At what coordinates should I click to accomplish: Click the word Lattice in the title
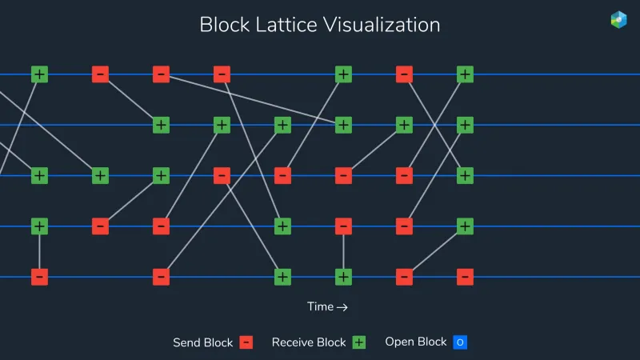pyautogui.click(x=286, y=25)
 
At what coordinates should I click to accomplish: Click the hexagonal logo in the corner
pyautogui.click(x=618, y=19)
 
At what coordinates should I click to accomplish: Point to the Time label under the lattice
pyautogui.click(x=320, y=306)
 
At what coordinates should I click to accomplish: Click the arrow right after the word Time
pyautogui.click(x=342, y=307)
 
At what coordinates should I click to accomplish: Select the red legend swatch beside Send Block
pyautogui.click(x=246, y=342)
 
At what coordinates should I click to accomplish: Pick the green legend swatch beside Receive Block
pyautogui.click(x=359, y=342)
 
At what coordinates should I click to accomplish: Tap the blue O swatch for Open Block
pyautogui.click(x=460, y=342)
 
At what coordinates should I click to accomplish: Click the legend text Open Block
pyautogui.click(x=416, y=342)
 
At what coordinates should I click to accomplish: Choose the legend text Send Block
pyautogui.click(x=203, y=342)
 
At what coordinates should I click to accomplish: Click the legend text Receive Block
pyautogui.click(x=309, y=342)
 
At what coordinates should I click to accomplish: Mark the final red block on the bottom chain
pyautogui.click(x=465, y=277)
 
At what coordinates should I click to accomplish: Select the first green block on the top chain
pyautogui.click(x=39, y=74)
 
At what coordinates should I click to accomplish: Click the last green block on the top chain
pyautogui.click(x=465, y=74)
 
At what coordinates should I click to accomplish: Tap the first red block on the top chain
pyautogui.click(x=101, y=74)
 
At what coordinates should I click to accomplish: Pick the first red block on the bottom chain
pyautogui.click(x=39, y=277)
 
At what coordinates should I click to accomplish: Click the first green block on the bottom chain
pyautogui.click(x=282, y=277)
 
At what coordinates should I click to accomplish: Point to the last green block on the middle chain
pyautogui.click(x=465, y=175)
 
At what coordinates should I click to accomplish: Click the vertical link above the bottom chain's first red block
pyautogui.click(x=39, y=251)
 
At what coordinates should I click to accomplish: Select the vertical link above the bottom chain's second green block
pyautogui.click(x=343, y=251)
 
